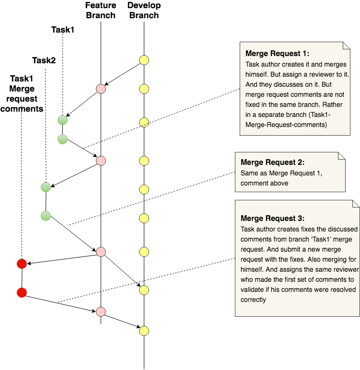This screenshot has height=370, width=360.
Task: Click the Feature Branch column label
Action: pos(101,10)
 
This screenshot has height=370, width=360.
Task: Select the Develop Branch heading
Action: pos(144,10)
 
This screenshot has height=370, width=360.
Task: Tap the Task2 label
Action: pos(44,60)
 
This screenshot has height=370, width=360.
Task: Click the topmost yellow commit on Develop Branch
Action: pos(144,60)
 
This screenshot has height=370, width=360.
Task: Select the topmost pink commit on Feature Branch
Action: pos(101,89)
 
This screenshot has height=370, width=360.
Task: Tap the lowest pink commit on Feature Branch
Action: pos(101,312)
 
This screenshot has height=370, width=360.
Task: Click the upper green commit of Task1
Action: pos(62,120)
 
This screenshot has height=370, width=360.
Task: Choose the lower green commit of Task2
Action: pos(46,216)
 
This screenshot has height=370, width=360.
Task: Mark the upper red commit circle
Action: pos(22,264)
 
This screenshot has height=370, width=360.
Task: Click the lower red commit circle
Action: pos(22,292)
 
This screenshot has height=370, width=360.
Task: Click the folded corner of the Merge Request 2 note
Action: pos(341,156)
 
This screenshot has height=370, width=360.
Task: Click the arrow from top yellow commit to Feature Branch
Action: pos(122,74)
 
